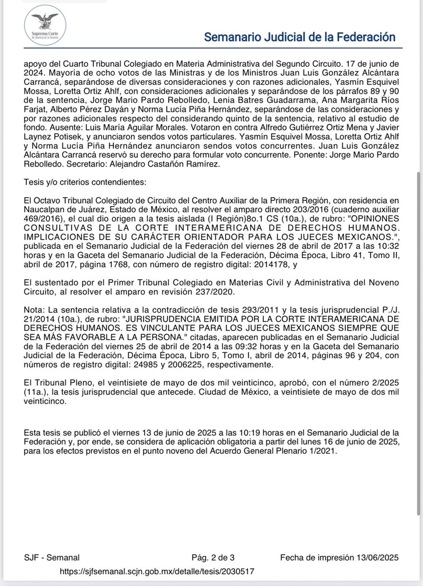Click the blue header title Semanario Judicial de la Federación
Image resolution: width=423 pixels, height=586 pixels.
click(x=299, y=37)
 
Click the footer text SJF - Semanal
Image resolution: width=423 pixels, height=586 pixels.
click(x=52, y=558)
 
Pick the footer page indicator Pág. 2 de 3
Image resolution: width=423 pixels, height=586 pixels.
click(x=212, y=558)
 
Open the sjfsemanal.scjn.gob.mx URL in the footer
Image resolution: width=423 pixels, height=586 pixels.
click(x=157, y=571)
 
